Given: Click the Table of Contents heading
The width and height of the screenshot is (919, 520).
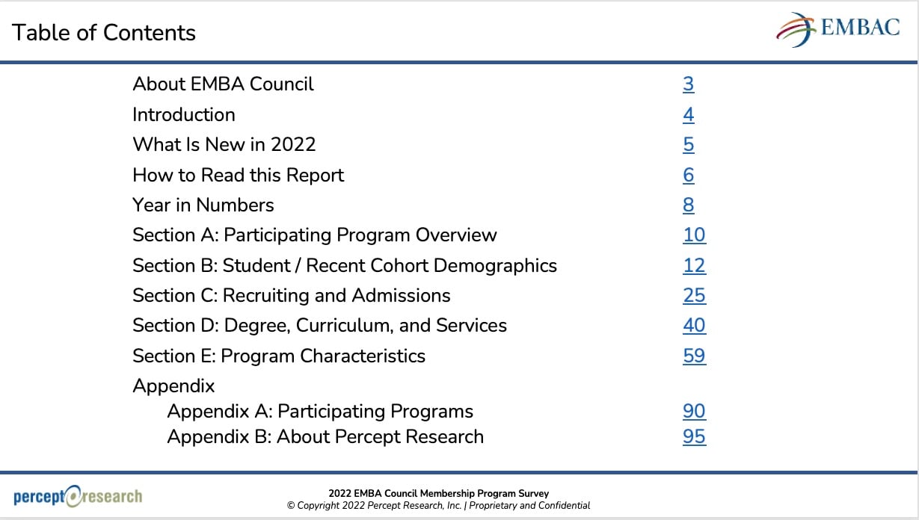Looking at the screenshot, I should click(104, 33).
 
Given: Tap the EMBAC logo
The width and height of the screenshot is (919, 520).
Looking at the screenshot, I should click(837, 30).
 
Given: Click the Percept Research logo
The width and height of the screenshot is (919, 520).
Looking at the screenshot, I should click(78, 496).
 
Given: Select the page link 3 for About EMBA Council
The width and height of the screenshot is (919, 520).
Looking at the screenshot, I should click(689, 84).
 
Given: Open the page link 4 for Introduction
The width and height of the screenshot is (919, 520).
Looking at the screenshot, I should click(689, 115).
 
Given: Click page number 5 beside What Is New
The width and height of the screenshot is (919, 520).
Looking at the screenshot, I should click(689, 145).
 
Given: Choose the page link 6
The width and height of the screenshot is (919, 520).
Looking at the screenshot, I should click(689, 176).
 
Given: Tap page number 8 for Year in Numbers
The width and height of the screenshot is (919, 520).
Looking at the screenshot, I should click(689, 205).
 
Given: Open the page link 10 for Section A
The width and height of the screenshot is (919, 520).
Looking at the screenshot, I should click(694, 235).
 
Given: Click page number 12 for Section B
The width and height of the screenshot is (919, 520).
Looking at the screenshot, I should click(694, 266).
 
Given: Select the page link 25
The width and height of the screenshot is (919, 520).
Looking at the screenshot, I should click(694, 296).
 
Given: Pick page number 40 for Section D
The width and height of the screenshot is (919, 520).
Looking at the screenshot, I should click(694, 326).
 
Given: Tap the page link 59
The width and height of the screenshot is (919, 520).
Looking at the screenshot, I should click(694, 356).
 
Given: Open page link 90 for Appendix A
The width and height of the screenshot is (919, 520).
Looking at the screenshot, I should click(694, 412).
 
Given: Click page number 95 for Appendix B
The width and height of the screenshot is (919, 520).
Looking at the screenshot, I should click(694, 437).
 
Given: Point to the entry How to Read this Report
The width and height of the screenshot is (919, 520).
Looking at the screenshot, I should click(238, 176).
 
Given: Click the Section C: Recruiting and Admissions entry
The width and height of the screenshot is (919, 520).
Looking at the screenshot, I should click(291, 296).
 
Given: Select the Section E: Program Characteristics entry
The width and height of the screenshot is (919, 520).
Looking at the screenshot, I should click(278, 356).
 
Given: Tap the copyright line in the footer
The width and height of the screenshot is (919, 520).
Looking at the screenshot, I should click(438, 506).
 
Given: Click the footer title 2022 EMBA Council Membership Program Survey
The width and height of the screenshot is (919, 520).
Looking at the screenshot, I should click(438, 493).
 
